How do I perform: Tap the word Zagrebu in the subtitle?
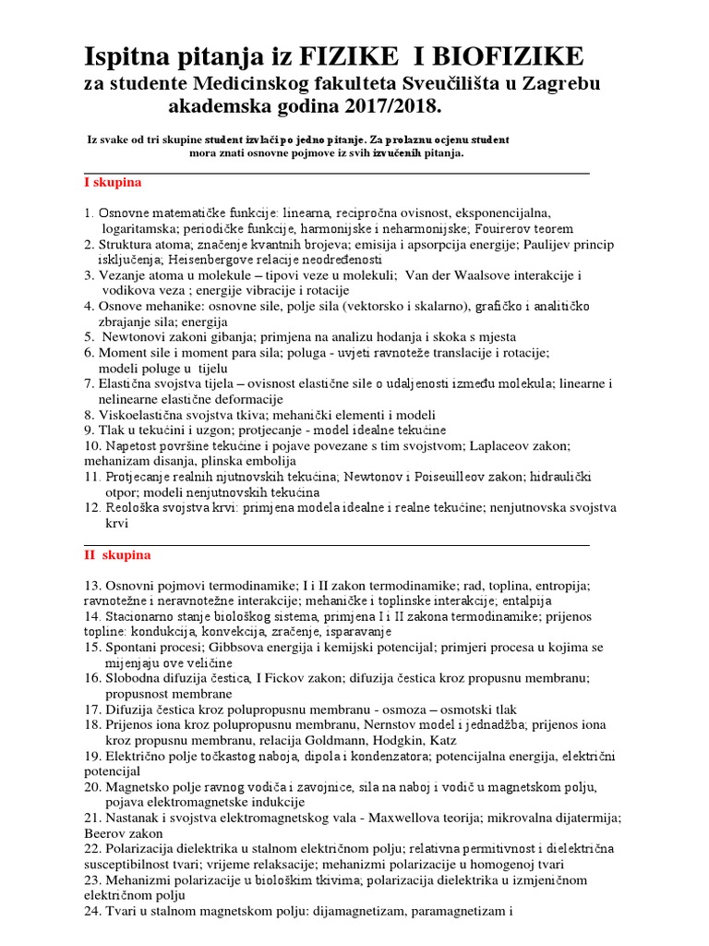point(554,84)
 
